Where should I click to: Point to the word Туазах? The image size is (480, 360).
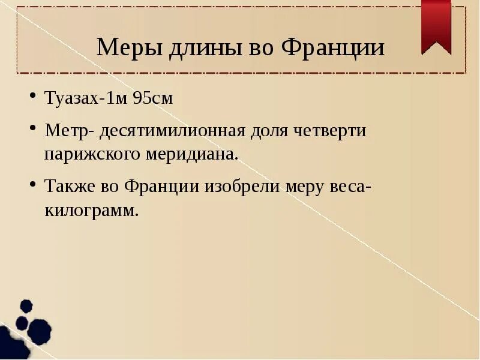point(71,98)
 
